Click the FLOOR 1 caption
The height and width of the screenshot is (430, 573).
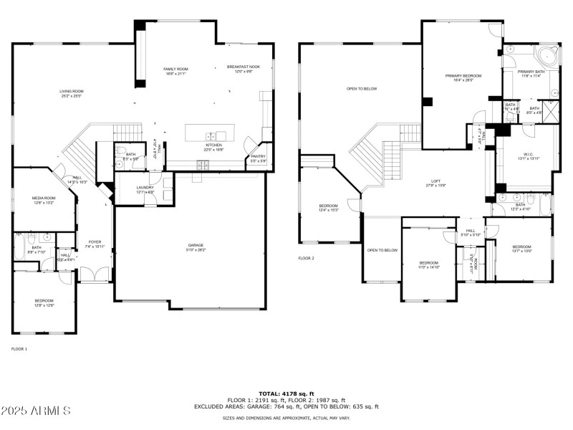19,348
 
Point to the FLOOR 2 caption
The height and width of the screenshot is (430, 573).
307,258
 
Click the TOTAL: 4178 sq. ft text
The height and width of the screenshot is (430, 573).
286,393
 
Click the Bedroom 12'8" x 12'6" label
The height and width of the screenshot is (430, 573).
44,302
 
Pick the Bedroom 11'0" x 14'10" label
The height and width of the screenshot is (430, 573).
428,264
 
